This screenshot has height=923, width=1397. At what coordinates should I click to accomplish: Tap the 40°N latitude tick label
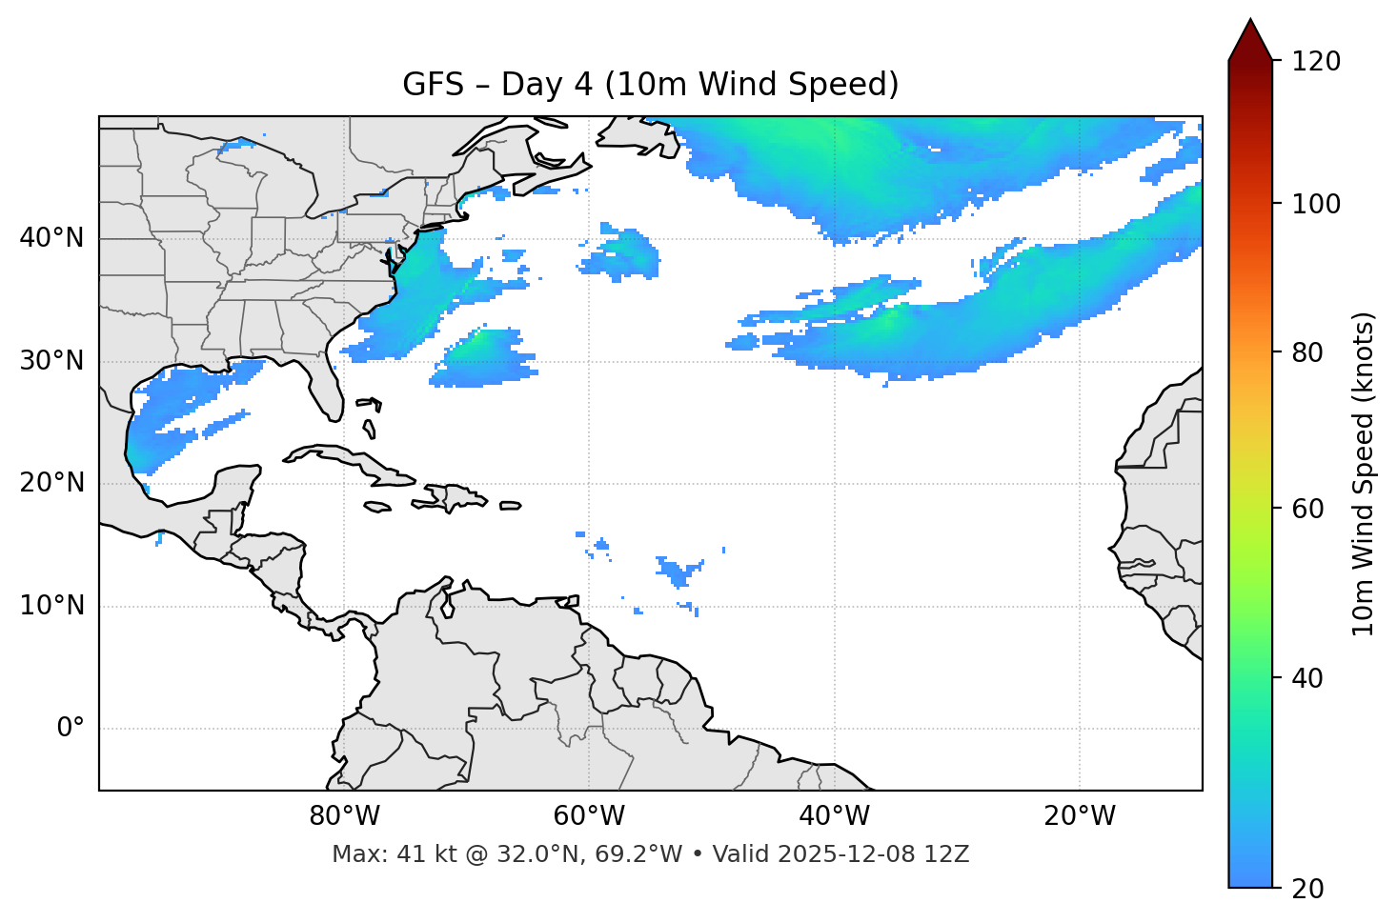point(51,238)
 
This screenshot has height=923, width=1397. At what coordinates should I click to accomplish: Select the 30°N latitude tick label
point(51,361)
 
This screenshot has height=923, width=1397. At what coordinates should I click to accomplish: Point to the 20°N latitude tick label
point(51,483)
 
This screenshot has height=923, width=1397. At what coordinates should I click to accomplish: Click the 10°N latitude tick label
point(51,606)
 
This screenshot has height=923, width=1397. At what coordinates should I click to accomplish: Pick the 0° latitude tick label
point(71,729)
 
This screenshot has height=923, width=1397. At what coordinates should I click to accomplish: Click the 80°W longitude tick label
point(344,816)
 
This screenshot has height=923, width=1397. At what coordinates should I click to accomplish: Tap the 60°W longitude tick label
point(589,816)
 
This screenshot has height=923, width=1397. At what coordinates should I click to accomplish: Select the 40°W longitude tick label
point(834,816)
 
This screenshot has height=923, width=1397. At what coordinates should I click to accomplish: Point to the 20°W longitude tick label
point(1079,816)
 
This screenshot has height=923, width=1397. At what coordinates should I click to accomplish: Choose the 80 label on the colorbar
point(1307,353)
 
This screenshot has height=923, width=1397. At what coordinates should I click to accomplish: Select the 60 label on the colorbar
point(1307,509)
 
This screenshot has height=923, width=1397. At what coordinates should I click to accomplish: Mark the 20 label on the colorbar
point(1307,889)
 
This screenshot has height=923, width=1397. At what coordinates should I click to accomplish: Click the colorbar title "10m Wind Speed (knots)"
point(1364,473)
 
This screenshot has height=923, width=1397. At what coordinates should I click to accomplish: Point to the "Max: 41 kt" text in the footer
point(373,854)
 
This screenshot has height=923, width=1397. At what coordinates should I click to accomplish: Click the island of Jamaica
point(377,507)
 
